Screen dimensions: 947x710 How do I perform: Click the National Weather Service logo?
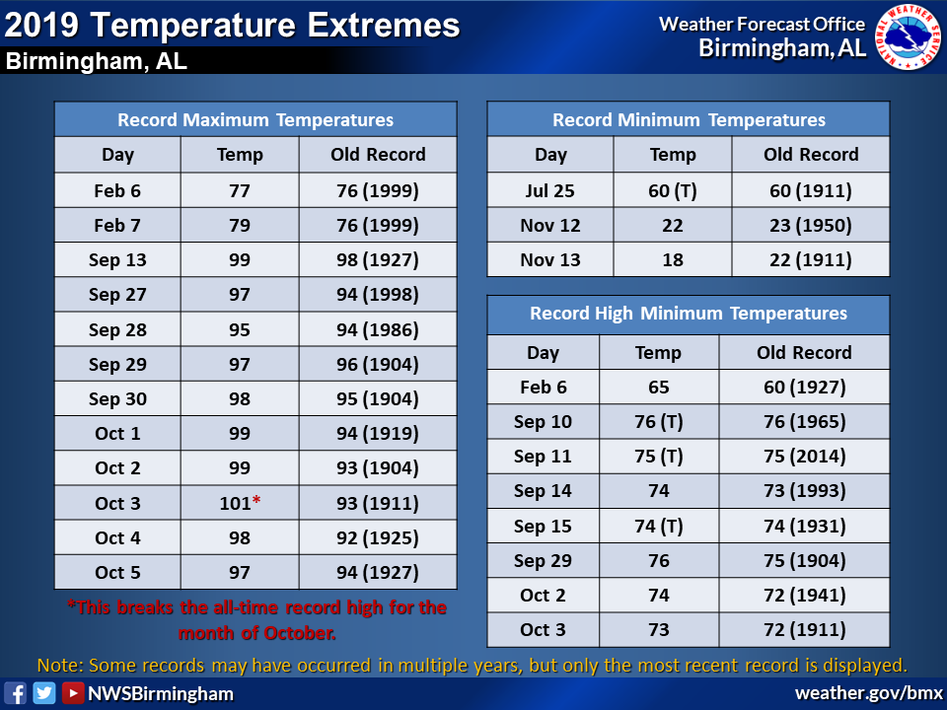908,36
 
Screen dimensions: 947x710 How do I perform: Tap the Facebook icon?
15,693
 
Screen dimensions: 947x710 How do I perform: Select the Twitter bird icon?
44,693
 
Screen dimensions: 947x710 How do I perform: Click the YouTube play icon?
73,693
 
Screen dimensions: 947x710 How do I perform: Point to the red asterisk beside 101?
256,500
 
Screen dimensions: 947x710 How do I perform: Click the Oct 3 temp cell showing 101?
240,503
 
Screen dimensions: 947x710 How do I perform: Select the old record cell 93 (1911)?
378,503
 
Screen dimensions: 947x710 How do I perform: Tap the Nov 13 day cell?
550,260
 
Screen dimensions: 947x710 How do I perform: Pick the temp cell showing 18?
672,260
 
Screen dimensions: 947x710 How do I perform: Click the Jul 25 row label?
550,190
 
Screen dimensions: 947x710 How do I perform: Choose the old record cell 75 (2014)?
805,457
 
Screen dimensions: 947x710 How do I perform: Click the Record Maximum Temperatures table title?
255,119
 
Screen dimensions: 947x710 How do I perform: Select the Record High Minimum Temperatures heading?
689,314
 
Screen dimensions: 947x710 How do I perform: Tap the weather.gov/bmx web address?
868,693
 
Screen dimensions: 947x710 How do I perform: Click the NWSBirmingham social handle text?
161,693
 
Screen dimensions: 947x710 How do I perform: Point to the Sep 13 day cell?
117,260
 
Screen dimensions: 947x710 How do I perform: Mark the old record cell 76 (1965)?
805,421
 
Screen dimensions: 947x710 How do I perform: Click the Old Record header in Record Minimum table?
811,155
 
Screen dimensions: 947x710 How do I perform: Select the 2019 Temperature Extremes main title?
232,25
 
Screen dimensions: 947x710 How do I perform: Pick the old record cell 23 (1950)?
811,226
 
